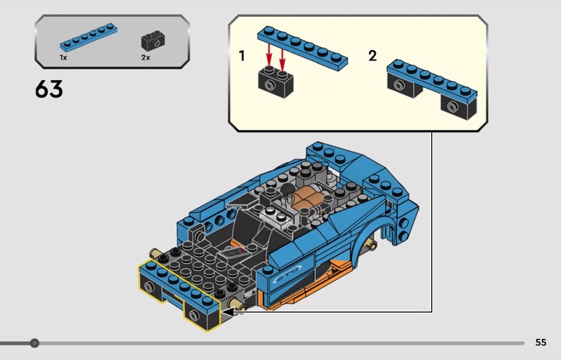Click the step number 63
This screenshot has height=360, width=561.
point(48,90)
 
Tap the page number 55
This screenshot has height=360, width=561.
point(540,342)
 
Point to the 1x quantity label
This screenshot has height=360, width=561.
point(63,58)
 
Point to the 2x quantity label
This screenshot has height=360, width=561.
point(146,58)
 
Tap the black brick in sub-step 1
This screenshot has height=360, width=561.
point(275,83)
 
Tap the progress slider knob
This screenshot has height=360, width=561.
point(34,343)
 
